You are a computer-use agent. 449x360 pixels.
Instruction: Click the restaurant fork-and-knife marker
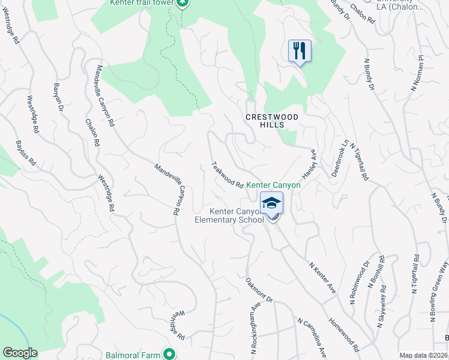click(x=299, y=50)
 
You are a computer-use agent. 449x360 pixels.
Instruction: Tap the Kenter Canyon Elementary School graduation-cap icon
click(x=271, y=203)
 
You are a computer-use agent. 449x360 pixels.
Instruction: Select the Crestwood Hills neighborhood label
click(x=264, y=121)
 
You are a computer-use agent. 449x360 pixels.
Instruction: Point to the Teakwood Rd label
click(x=227, y=175)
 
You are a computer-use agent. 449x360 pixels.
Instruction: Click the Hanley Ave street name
click(x=309, y=165)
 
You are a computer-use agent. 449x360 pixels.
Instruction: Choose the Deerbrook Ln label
click(x=339, y=159)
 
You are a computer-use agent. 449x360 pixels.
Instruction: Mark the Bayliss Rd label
click(x=26, y=154)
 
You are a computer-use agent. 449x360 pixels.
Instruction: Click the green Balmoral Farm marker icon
click(x=170, y=355)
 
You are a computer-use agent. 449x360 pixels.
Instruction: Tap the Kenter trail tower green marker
click(x=183, y=3)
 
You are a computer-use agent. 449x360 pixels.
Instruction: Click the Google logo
click(x=20, y=353)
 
